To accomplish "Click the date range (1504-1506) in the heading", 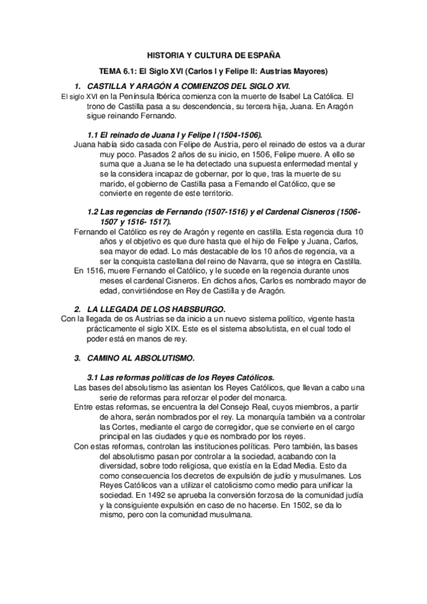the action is coord(231,134).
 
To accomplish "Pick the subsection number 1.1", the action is coord(93,134).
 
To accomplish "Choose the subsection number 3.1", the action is coord(93,375).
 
